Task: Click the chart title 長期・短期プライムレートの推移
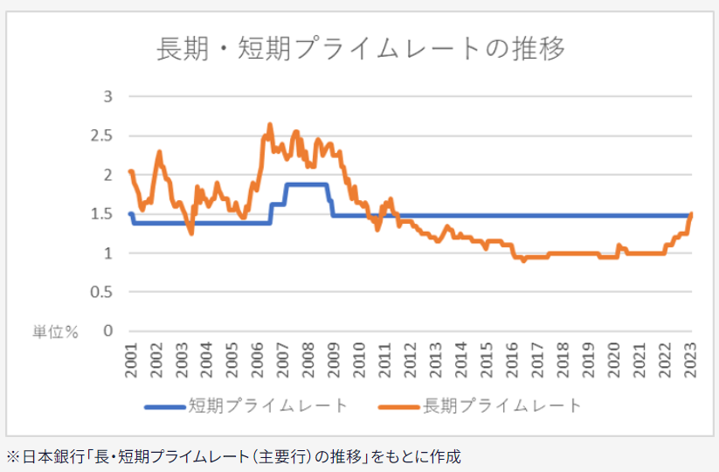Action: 359,48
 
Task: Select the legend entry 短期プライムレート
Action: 268,406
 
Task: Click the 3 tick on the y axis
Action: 108,96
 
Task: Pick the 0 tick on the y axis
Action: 108,331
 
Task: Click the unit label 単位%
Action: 56,332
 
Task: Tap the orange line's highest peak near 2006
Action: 270,125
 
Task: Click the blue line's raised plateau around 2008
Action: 306,184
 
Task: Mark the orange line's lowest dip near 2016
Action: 523,260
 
